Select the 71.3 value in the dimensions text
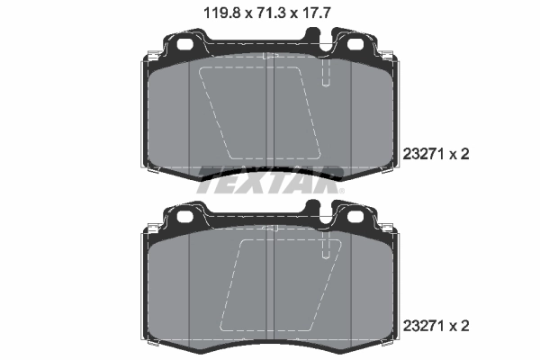click(268, 13)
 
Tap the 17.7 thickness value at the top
click(319, 13)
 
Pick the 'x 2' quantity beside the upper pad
click(459, 154)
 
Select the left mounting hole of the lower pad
click(185, 216)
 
